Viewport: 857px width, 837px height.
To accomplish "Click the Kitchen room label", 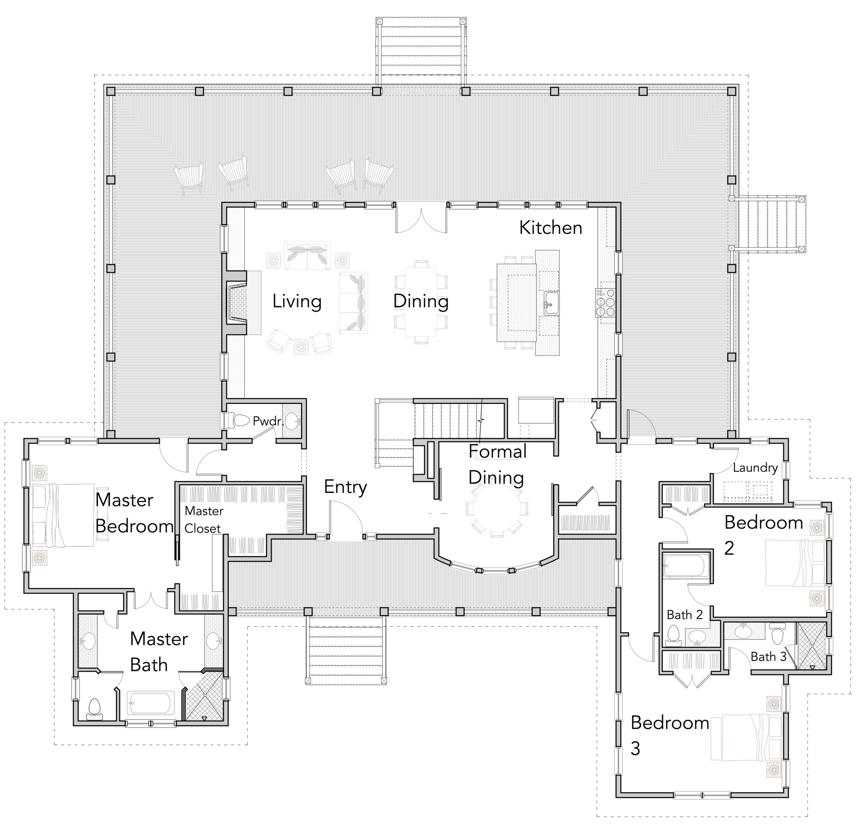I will point(550,228).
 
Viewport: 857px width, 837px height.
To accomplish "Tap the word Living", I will point(297,301).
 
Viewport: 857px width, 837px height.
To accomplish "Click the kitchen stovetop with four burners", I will point(605,303).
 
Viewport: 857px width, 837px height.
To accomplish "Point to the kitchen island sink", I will point(551,303).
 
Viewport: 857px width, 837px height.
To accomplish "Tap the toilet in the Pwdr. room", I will point(240,420).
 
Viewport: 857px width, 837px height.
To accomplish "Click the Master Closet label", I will point(203,520).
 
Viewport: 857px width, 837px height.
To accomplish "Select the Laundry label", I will point(755,467).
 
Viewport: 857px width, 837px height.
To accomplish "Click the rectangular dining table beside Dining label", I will point(421,302).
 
